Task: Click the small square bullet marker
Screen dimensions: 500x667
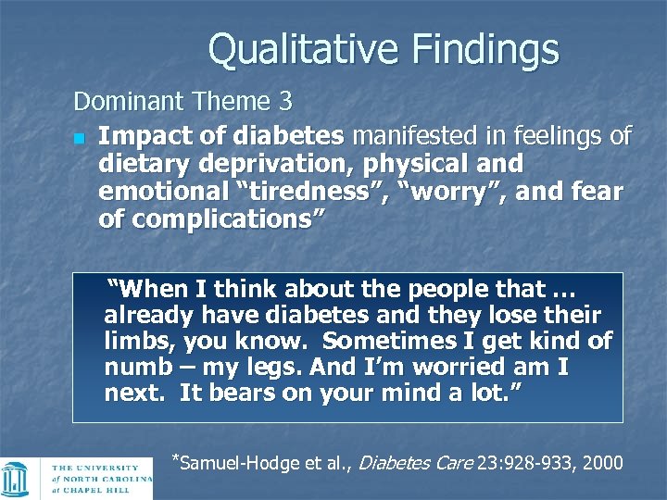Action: click(x=80, y=138)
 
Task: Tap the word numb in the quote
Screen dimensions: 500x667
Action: click(x=136, y=368)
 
